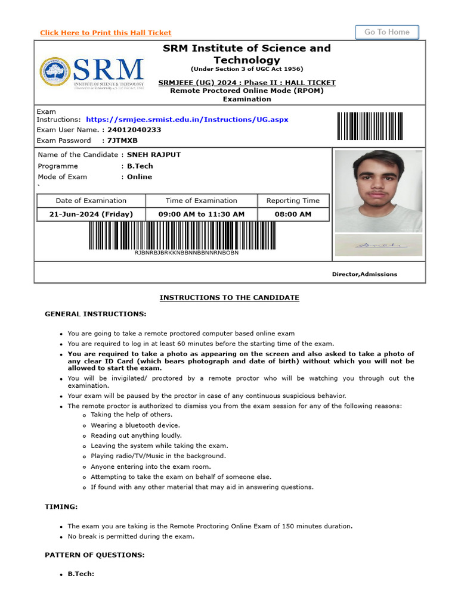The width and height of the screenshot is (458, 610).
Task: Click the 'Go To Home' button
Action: point(387,32)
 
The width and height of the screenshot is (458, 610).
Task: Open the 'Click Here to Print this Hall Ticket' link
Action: point(106,33)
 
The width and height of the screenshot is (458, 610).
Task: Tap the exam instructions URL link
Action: point(187,120)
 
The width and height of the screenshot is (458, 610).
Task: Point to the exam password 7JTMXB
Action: point(122,141)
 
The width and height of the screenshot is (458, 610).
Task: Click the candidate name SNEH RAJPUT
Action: point(154,155)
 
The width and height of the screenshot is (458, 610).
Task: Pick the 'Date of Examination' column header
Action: point(91,201)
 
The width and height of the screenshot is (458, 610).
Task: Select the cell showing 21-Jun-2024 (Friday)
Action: point(91,214)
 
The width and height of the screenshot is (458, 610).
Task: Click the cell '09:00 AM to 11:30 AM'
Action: point(201,214)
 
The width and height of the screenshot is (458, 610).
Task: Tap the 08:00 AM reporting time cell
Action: point(293,214)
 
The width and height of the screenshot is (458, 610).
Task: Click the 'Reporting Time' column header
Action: point(293,201)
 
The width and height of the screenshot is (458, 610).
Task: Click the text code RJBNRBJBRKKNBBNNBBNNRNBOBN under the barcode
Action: point(187,253)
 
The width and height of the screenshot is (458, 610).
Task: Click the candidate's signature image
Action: point(378,245)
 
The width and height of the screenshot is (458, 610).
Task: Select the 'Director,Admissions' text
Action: point(364,274)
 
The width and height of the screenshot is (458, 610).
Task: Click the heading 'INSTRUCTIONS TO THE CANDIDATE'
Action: point(229,298)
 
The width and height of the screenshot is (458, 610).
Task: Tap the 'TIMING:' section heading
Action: point(61,506)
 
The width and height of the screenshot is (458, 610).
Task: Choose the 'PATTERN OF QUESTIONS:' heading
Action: point(94,555)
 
